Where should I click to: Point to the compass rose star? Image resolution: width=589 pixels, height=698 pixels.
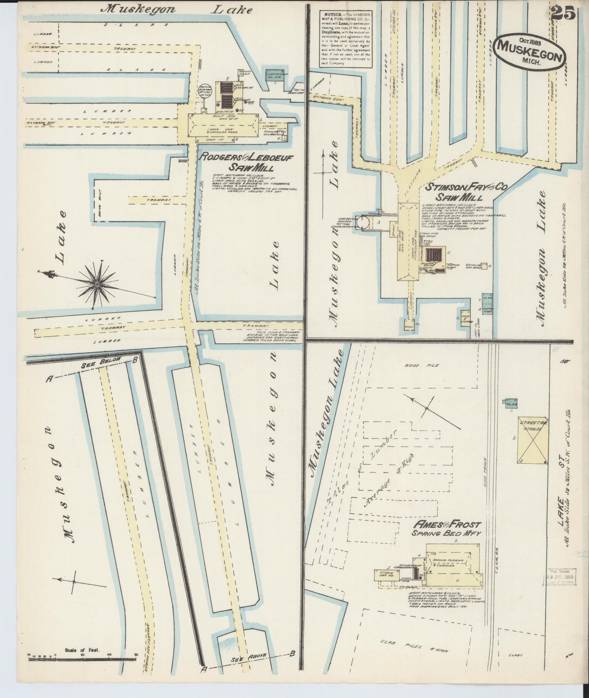point(97,285)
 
